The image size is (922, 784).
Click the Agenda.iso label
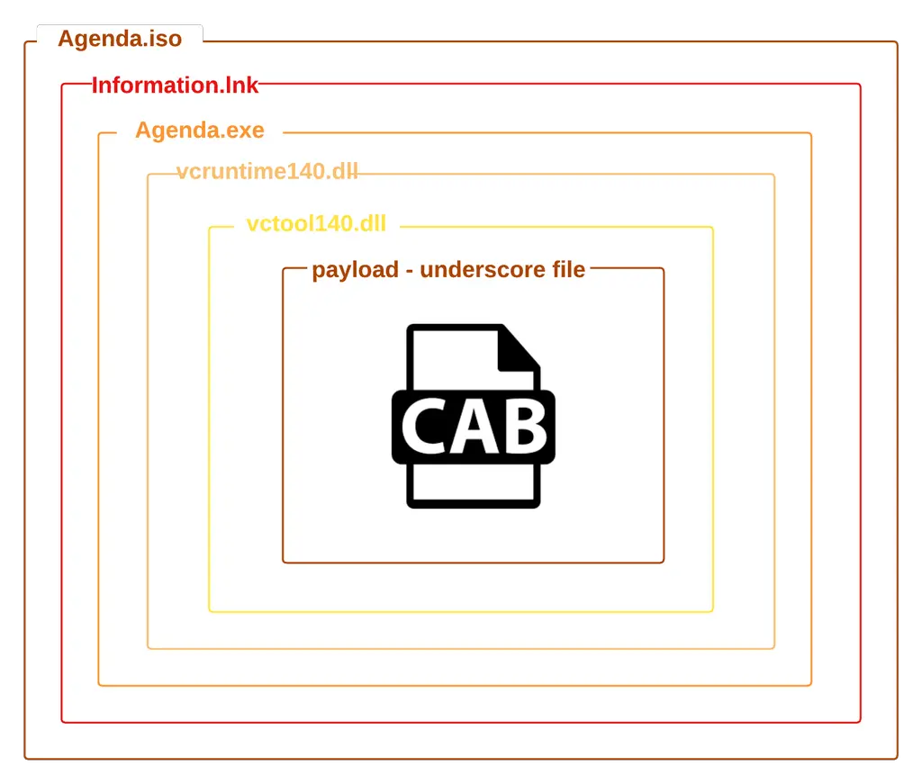[120, 40]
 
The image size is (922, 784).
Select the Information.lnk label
[176, 86]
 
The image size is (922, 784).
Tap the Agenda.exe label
[200, 131]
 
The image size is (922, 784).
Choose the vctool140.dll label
[316, 224]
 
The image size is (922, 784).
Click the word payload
[351, 270]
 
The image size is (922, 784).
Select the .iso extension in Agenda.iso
[163, 40]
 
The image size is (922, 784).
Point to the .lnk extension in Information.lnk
[240, 86]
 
